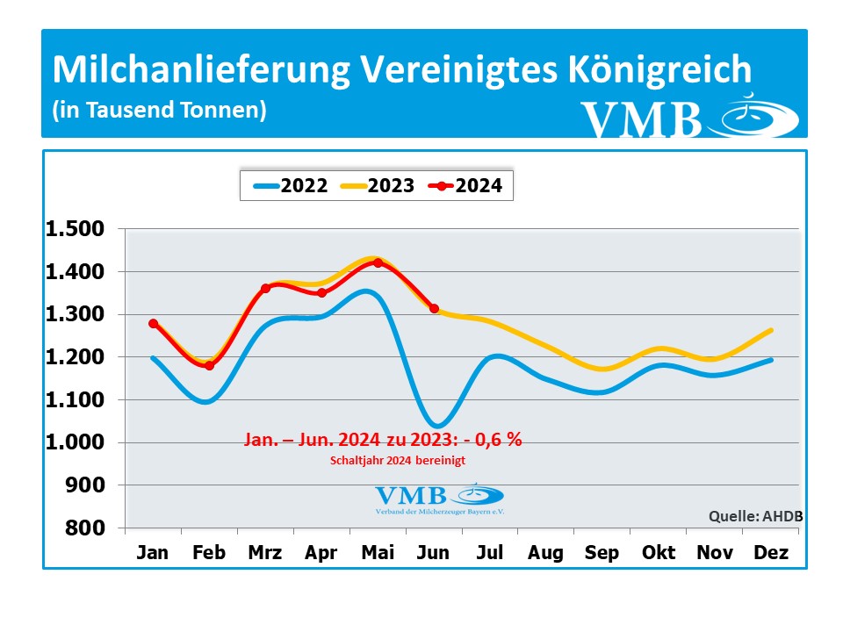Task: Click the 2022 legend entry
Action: click(x=289, y=185)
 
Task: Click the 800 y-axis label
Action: click(x=89, y=528)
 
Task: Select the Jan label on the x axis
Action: click(x=154, y=553)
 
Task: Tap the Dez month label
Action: click(x=770, y=553)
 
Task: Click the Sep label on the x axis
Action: click(x=602, y=553)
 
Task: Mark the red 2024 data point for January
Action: click(x=154, y=324)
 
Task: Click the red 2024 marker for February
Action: click(x=209, y=365)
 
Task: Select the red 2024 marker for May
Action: click(x=378, y=262)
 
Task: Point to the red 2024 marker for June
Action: click(x=434, y=308)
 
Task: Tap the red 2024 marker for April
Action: click(x=321, y=293)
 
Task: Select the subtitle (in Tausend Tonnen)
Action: click(x=159, y=111)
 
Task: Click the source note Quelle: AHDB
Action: click(x=755, y=516)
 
